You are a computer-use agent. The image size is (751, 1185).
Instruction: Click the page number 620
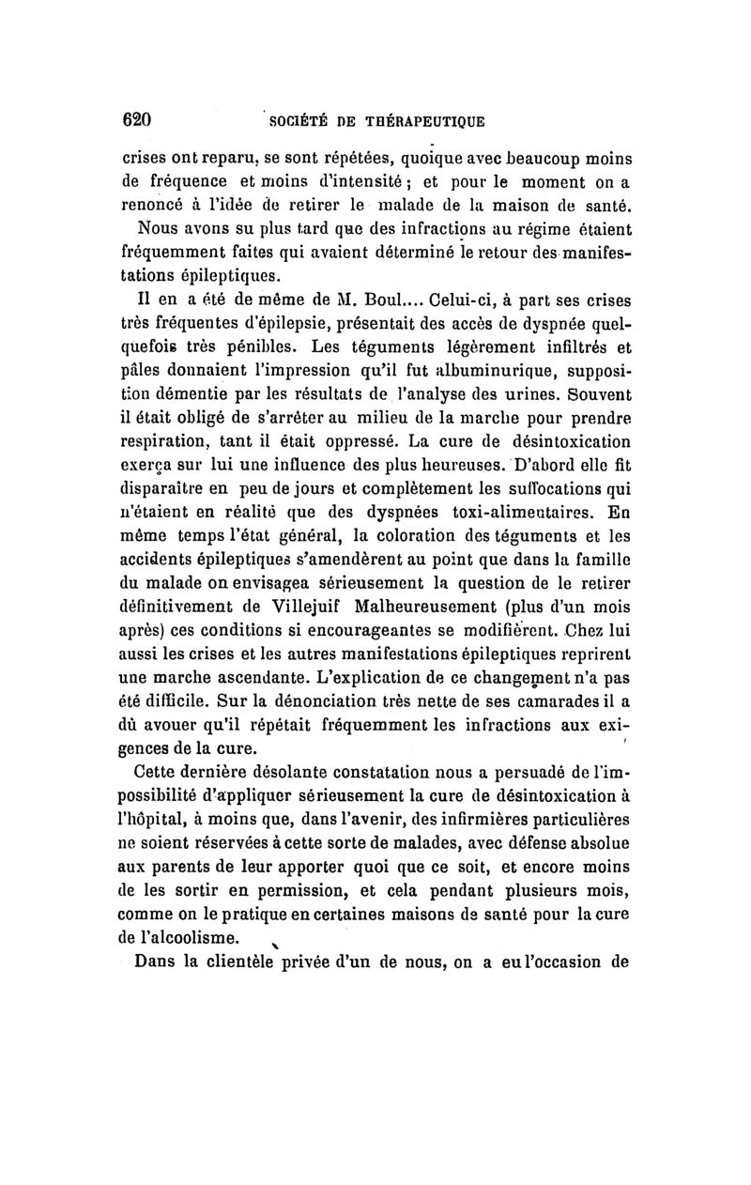(x=137, y=119)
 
